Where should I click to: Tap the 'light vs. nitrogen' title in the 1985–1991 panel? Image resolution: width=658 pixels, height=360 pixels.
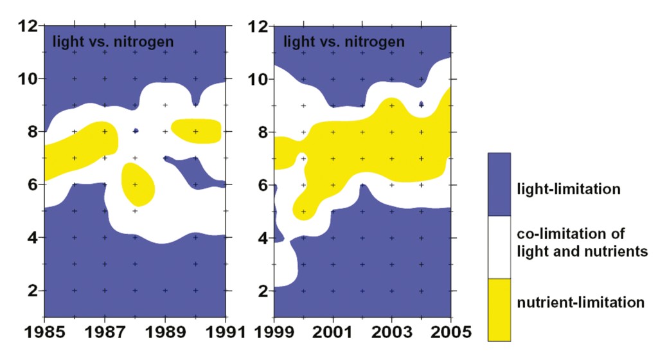coord(113,42)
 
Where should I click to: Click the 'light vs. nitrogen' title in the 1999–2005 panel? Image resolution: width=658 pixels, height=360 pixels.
coord(344,42)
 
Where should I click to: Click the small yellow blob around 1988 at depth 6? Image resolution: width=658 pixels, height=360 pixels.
coord(137,184)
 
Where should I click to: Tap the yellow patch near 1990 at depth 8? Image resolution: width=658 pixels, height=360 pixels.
coord(197,130)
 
